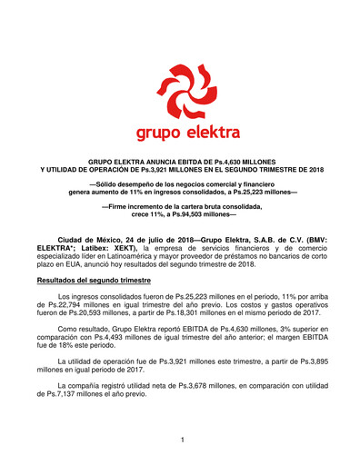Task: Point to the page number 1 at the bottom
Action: pyautogui.click(x=181, y=440)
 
